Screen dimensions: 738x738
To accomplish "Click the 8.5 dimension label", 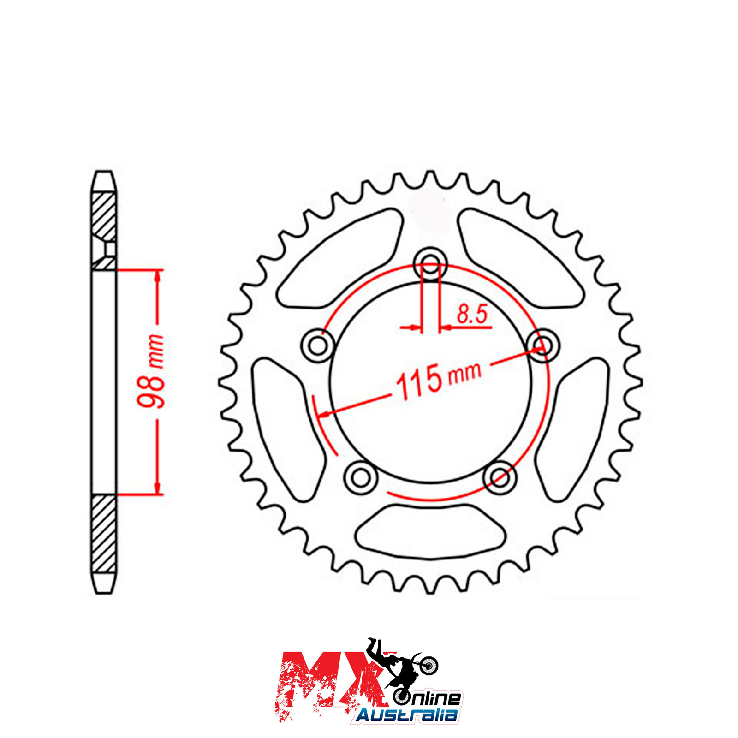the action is point(472,314).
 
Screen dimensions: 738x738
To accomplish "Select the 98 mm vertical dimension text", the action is point(151,371).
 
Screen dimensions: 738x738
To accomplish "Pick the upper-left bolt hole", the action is point(318,345).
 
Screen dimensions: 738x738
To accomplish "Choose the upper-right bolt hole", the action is point(543,344).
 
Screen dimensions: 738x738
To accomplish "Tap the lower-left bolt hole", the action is point(361,478).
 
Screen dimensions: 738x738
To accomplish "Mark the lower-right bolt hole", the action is point(500,478).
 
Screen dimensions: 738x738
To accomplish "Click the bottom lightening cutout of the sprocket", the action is point(430,531).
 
